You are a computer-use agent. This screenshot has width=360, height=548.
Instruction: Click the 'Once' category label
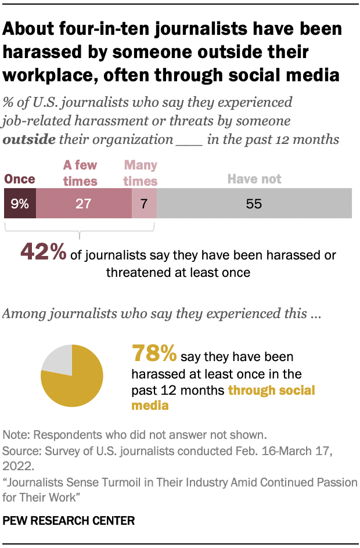pyautogui.click(x=20, y=179)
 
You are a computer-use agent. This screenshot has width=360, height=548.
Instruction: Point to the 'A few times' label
pyautogui.click(x=80, y=173)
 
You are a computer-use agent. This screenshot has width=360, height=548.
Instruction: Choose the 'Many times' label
pyautogui.click(x=141, y=173)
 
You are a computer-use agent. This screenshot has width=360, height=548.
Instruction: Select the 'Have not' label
pyautogui.click(x=254, y=179)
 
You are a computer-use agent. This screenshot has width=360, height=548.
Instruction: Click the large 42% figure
pyautogui.click(x=43, y=251)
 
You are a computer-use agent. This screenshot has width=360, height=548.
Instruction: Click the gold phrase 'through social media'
pyautogui.click(x=271, y=390)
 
